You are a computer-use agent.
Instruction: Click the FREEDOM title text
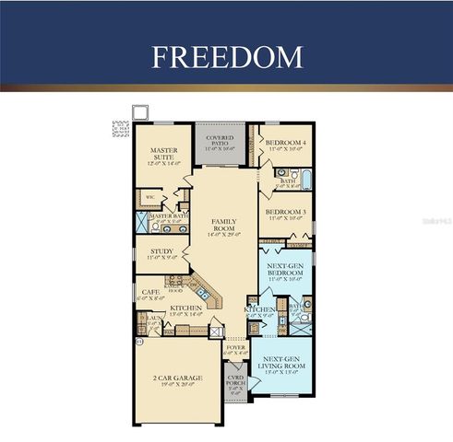226,56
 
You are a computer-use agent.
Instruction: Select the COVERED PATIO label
219,141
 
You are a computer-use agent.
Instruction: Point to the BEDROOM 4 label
285,143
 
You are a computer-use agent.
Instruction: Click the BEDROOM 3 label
285,214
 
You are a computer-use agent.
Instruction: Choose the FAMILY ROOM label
224,225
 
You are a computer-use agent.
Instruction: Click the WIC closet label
149,196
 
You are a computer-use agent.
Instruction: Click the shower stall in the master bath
143,221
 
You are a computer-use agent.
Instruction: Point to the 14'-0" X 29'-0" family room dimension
224,235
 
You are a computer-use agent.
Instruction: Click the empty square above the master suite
141,112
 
